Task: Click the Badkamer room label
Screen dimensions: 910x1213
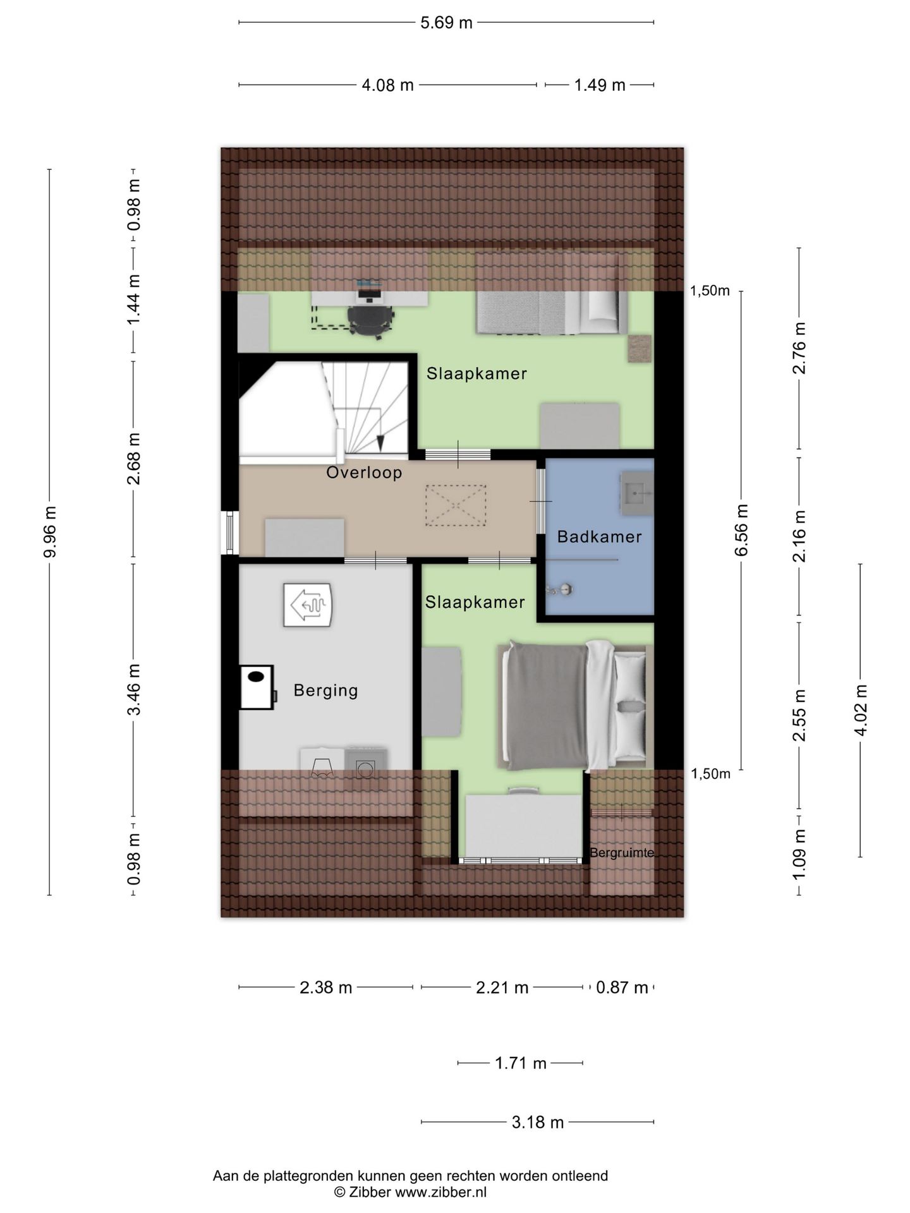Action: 599,537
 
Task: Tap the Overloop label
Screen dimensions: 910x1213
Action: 364,473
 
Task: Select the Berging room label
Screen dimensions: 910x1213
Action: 325,691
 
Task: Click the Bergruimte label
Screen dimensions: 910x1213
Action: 622,853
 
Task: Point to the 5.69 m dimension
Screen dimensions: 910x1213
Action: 446,23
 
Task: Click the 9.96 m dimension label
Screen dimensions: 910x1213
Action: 50,532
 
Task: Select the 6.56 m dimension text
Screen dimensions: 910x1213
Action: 741,530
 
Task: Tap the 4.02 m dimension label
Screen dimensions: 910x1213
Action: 860,710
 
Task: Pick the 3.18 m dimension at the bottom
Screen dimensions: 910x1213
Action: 537,1122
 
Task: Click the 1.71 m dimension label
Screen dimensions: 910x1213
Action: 520,1063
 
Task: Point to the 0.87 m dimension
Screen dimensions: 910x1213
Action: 622,987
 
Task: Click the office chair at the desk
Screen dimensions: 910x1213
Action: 370,318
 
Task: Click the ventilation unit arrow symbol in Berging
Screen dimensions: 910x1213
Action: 308,605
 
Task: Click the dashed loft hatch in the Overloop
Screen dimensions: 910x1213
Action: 456,505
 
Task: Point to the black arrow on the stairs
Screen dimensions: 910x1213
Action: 381,443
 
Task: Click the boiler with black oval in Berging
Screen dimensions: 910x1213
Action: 257,687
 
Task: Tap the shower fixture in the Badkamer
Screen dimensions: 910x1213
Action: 560,589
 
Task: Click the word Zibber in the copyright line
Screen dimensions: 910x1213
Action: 370,1192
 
